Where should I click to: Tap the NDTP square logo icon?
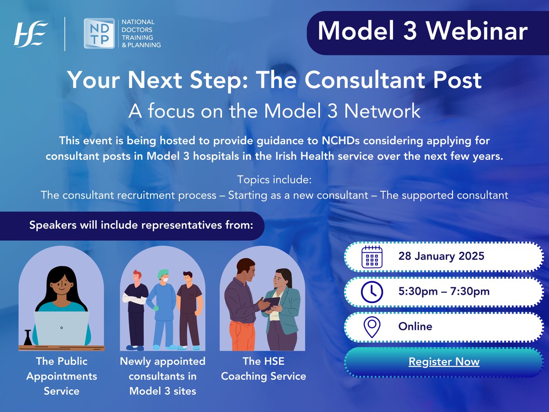click(99, 33)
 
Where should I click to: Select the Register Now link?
click(444, 362)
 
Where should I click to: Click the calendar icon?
click(371, 257)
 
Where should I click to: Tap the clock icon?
click(371, 292)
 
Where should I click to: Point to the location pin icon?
click(371, 327)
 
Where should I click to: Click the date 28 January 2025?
click(441, 256)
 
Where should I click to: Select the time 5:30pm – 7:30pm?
click(444, 292)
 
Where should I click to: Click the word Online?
click(415, 326)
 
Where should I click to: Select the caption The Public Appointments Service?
click(61, 376)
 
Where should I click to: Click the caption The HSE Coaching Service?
click(263, 369)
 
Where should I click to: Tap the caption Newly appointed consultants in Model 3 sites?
click(162, 376)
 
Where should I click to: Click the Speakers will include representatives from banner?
click(140, 226)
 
